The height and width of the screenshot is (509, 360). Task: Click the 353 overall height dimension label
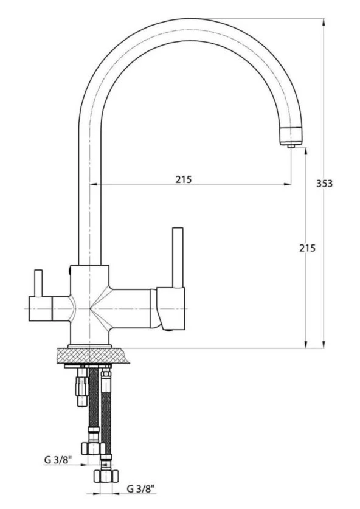click(324, 184)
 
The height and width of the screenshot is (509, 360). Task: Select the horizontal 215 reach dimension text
click(184, 179)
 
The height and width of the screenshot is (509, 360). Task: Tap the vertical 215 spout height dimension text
click(307, 248)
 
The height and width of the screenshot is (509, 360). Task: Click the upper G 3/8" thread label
click(58, 460)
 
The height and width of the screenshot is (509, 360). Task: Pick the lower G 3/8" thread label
click(140, 488)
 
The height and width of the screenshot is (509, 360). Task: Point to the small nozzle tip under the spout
click(291, 146)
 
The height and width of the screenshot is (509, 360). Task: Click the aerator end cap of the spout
click(291, 136)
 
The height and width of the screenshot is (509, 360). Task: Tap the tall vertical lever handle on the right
click(178, 257)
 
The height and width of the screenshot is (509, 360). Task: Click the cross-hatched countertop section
click(93, 356)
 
